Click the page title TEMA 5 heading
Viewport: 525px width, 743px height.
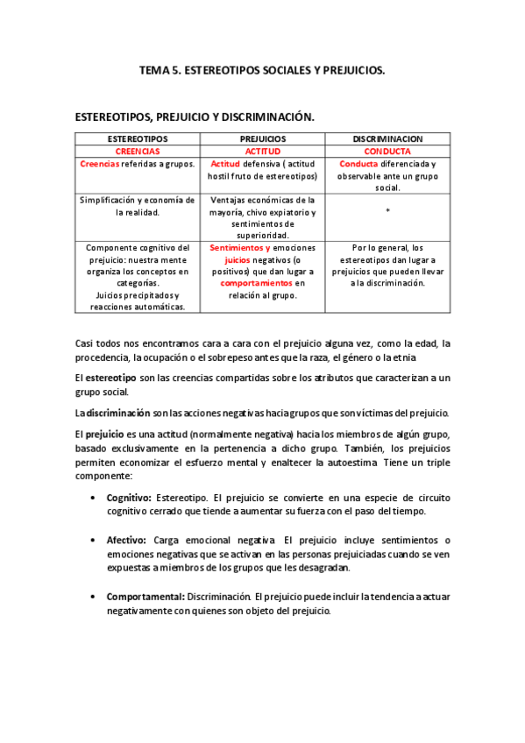[262, 69]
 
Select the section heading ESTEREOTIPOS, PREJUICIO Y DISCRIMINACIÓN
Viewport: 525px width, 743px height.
[195, 117]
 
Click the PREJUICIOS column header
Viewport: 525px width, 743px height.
[263, 139]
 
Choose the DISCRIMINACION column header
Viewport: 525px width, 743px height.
[387, 139]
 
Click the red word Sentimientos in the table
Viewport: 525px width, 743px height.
[239, 248]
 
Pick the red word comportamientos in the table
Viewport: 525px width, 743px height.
[256, 283]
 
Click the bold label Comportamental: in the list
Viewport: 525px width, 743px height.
[145, 596]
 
